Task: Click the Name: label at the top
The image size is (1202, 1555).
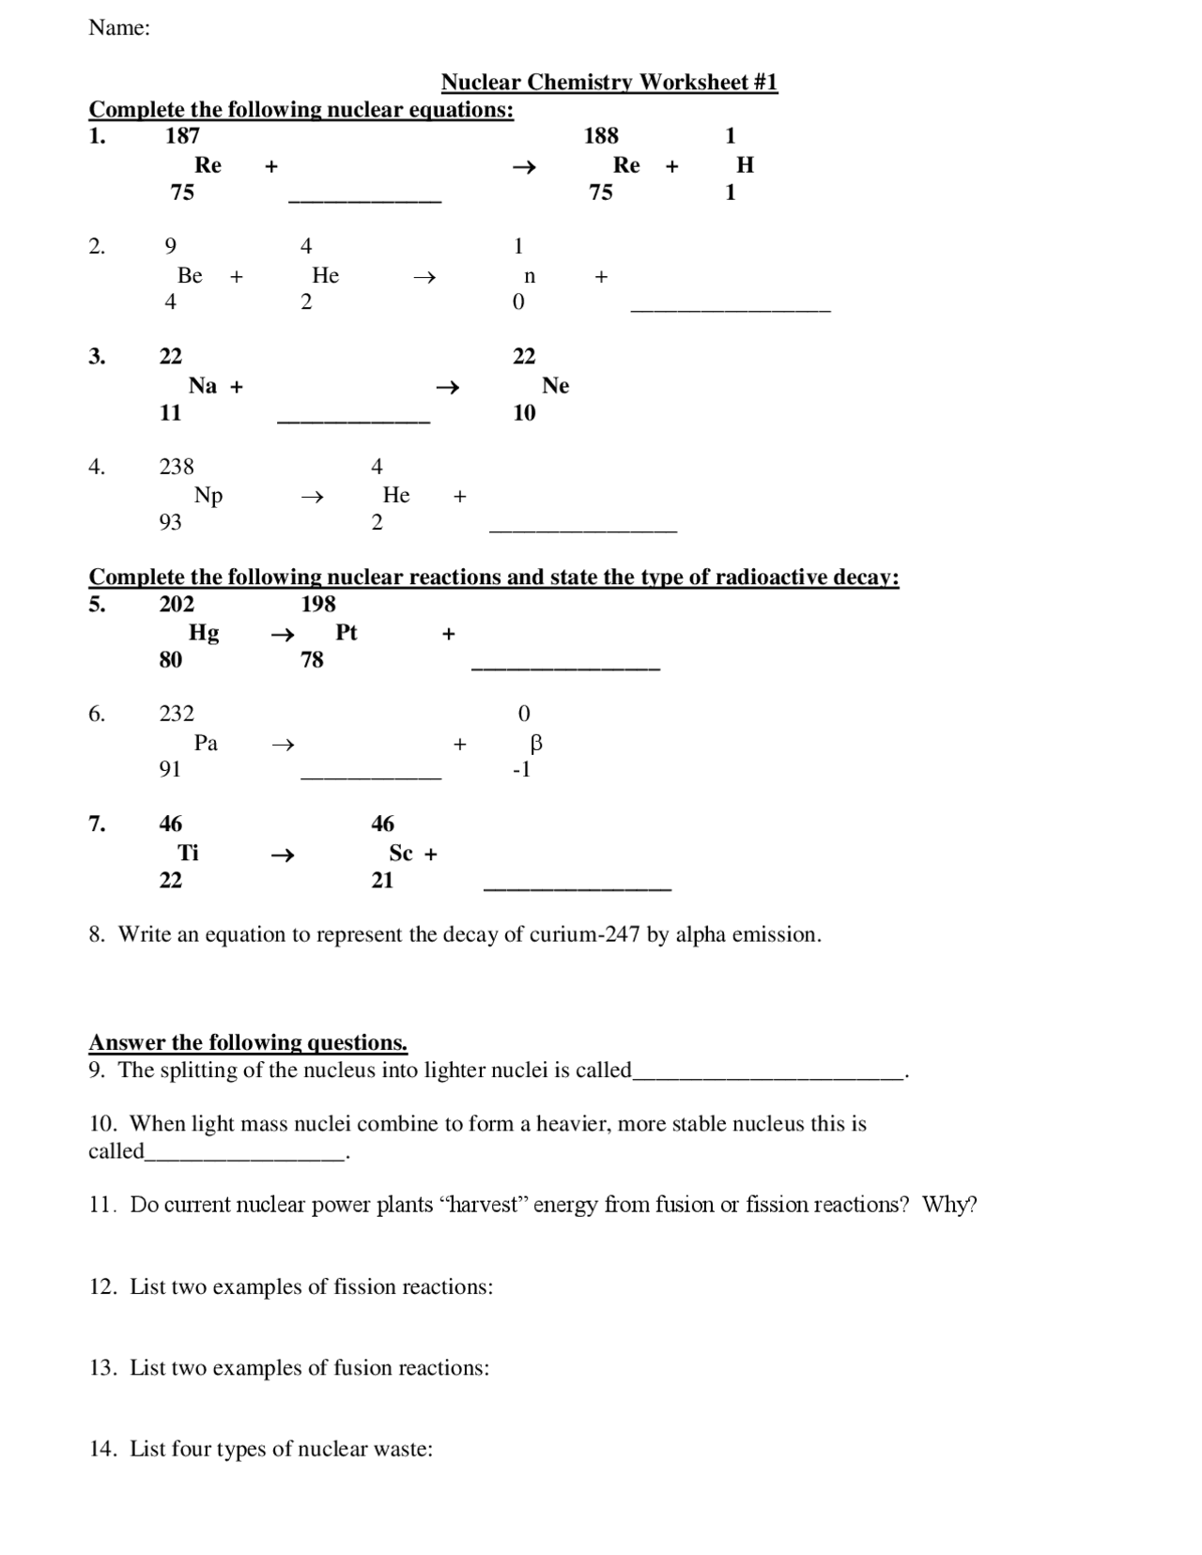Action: coord(119,28)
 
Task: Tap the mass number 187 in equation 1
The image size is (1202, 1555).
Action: coord(182,136)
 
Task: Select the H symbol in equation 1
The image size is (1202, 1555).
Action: coord(745,165)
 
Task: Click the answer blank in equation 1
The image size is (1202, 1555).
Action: coord(364,199)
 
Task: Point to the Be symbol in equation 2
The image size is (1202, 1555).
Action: coord(190,275)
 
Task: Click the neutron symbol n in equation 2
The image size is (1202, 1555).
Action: coord(530,276)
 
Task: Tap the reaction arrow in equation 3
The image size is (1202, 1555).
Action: coord(448,387)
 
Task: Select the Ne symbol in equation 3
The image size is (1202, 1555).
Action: coord(555,386)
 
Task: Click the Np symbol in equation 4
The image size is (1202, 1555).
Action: coord(208,496)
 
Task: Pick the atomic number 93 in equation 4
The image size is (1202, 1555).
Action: coord(170,522)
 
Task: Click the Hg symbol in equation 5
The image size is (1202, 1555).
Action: coord(204,633)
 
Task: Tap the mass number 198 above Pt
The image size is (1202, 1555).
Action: coord(318,604)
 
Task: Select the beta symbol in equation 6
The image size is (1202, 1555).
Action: coord(536,744)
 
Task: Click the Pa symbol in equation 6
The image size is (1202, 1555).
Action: coord(206,743)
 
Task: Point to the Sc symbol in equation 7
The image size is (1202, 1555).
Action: coord(401,853)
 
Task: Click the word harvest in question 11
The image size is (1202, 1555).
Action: coord(485,1205)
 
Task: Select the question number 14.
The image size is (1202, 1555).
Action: coord(102,1449)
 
